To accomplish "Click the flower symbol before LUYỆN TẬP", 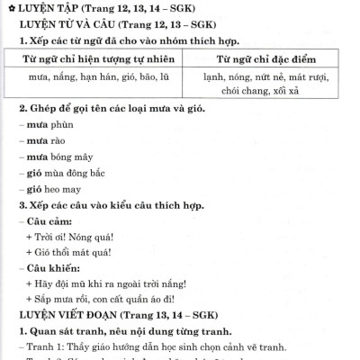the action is click(x=10, y=9).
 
